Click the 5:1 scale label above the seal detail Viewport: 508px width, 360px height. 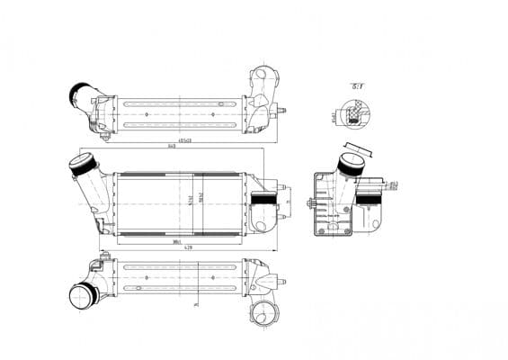(357, 85)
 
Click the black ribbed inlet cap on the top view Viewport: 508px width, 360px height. (79, 93)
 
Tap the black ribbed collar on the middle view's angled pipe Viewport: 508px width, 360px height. (80, 166)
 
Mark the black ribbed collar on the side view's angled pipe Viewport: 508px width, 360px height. (351, 164)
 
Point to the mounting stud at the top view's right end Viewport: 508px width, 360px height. (281, 111)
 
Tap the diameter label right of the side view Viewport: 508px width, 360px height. (394, 184)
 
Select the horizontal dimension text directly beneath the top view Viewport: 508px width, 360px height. (186, 140)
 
